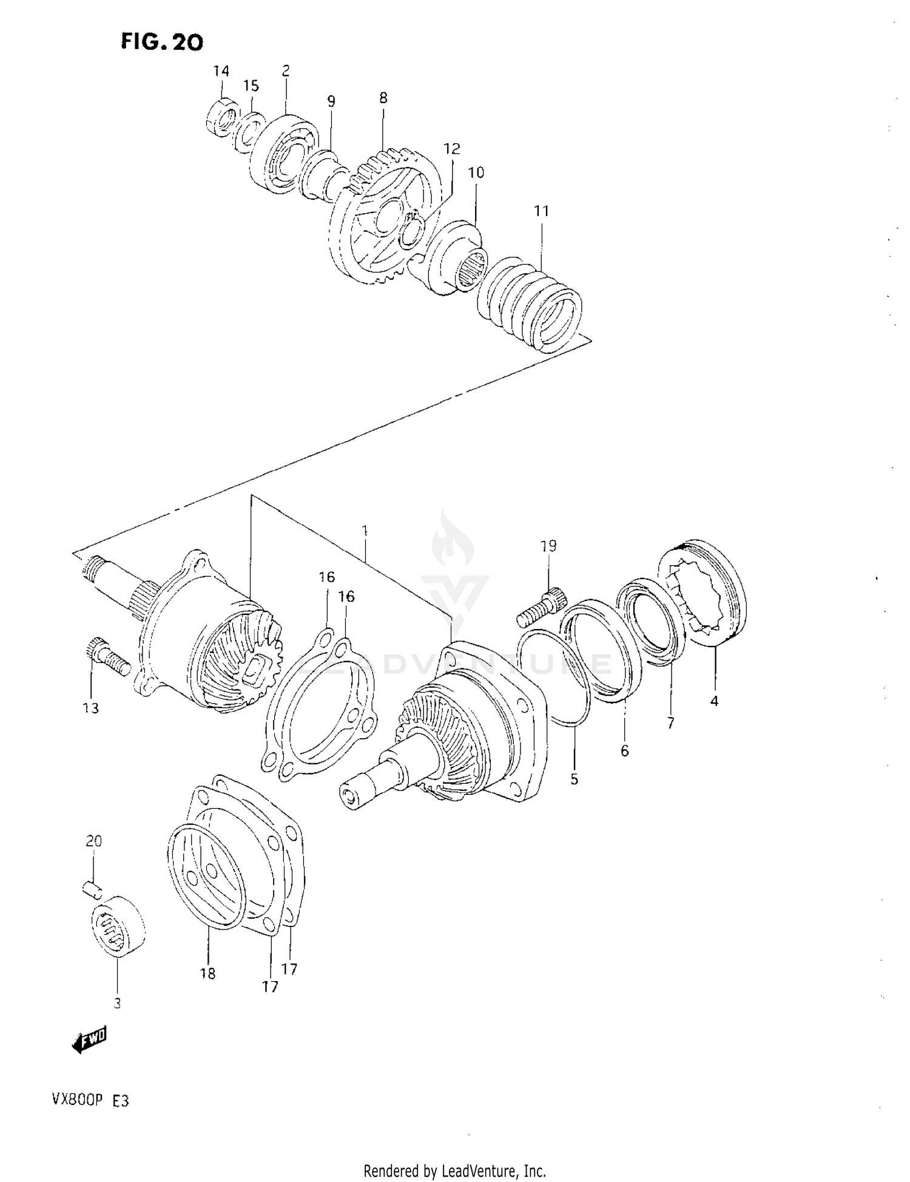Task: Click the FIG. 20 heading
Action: [161, 41]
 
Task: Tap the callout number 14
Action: [221, 71]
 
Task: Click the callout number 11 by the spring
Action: [541, 211]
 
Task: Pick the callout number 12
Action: [451, 149]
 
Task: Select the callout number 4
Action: [714, 701]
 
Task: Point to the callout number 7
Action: [670, 723]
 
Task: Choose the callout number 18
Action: [207, 974]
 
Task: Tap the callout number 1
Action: [365, 530]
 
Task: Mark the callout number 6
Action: [625, 751]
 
